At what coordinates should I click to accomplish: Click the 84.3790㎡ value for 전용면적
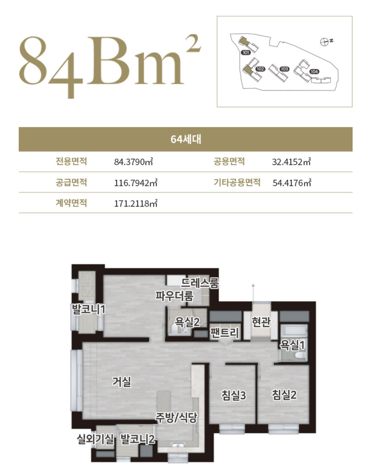tap(133, 162)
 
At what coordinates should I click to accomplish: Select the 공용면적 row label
tap(229, 162)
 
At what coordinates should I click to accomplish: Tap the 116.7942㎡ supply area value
tap(136, 182)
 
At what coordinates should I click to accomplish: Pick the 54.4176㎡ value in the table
tap(292, 182)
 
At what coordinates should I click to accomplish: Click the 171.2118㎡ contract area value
tap(136, 203)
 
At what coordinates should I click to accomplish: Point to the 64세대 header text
tap(185, 139)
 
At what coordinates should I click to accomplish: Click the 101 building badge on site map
tap(246, 53)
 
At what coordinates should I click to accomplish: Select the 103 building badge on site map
tap(284, 69)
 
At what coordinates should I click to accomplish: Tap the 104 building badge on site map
tap(314, 71)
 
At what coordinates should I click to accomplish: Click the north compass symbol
tap(324, 42)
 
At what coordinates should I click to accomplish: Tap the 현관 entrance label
tap(261, 322)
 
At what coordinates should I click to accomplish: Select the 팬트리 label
tap(225, 333)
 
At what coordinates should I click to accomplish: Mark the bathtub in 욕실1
tap(294, 330)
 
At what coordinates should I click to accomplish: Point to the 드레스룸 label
tap(200, 283)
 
